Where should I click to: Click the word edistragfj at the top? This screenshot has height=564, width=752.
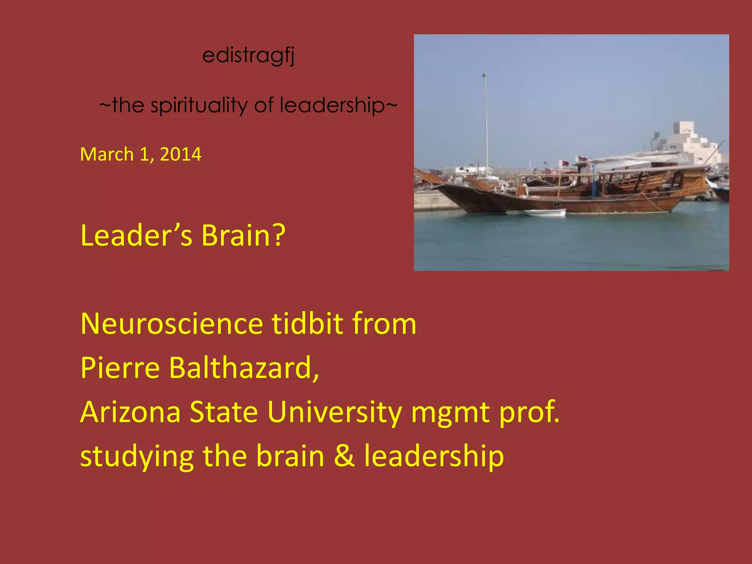tap(248, 56)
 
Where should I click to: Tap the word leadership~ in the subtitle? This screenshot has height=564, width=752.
tap(338, 106)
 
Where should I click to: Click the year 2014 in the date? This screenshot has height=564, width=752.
tap(181, 154)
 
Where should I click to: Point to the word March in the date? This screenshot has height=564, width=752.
tap(107, 154)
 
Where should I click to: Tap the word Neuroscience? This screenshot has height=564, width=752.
tap(171, 324)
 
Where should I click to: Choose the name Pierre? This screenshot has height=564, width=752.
tap(120, 368)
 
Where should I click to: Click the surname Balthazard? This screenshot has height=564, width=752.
tap(244, 368)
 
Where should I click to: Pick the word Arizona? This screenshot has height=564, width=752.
tap(130, 412)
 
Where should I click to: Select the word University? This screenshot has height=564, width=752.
tap(335, 412)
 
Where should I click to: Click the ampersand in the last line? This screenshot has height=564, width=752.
tap(344, 456)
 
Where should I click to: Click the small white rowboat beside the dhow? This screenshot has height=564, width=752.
tap(545, 213)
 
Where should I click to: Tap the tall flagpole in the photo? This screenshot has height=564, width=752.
tap(486, 121)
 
